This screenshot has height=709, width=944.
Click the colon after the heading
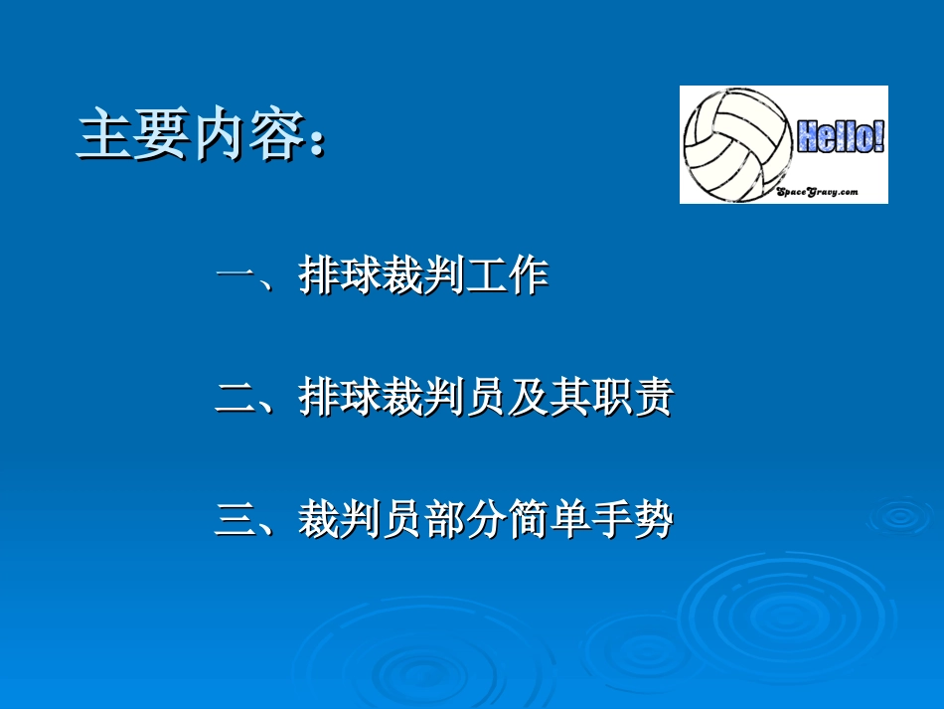click(318, 139)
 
